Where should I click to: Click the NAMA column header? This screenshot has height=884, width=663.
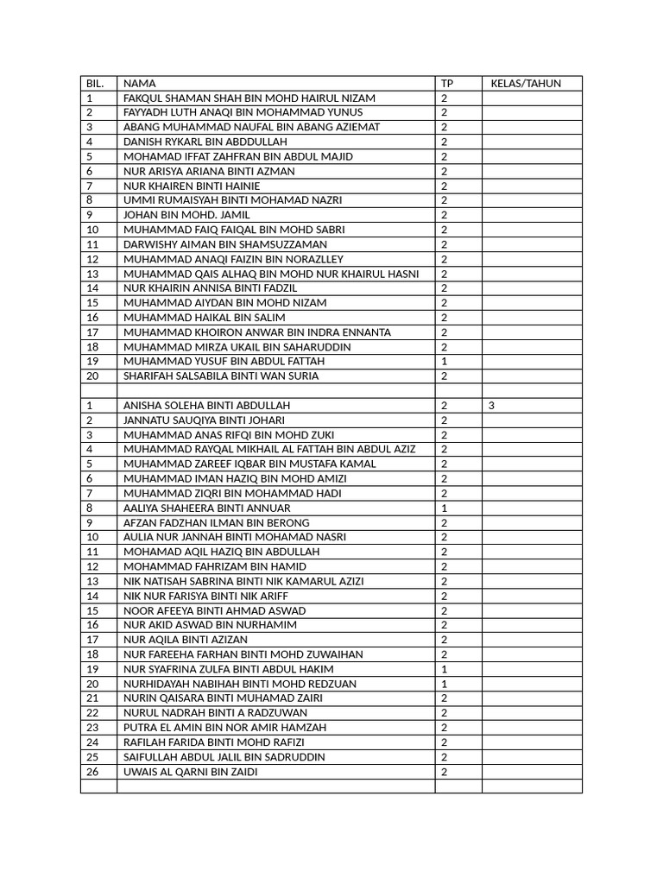tap(140, 84)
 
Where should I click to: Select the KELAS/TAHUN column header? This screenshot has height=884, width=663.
tap(526, 84)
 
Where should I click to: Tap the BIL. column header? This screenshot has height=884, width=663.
tap(95, 84)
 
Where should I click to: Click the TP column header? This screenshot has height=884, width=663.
tap(446, 84)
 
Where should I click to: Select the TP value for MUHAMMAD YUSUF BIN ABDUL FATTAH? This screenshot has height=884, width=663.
tap(445, 361)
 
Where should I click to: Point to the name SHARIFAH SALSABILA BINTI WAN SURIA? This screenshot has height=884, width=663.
tap(221, 376)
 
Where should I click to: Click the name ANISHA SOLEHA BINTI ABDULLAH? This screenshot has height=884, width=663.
tap(206, 405)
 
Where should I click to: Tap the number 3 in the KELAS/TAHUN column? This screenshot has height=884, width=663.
tap(491, 405)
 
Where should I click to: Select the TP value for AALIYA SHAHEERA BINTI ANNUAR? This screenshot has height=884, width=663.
tap(445, 508)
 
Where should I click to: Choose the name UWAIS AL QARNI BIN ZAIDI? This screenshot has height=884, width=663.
tap(190, 772)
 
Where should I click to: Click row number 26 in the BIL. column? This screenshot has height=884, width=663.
tap(92, 772)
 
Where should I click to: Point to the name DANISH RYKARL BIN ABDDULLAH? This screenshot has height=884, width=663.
tap(205, 142)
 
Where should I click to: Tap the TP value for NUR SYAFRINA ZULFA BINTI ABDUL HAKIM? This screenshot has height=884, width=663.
tap(445, 669)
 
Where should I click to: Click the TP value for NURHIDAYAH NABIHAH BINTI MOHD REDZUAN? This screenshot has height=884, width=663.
tap(445, 684)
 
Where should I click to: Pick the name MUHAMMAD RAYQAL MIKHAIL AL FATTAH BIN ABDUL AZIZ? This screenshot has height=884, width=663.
tap(269, 449)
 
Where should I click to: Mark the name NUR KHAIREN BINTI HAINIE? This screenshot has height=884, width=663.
tap(192, 186)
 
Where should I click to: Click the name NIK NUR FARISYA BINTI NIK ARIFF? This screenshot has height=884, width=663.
tap(205, 596)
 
